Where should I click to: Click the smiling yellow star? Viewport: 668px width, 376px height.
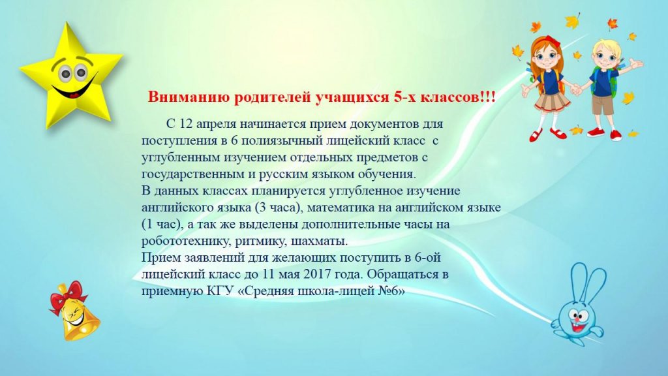point(70,77)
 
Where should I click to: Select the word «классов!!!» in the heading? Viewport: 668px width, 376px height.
point(458,97)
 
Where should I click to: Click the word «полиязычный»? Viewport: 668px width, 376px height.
point(282,141)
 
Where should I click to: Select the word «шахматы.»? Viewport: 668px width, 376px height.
point(319,242)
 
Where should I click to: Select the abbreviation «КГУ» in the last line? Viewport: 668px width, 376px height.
point(220,291)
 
